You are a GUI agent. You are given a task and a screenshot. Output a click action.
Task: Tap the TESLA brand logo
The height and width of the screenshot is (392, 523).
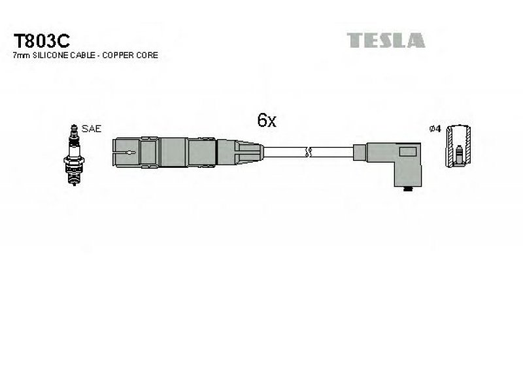tap(386, 41)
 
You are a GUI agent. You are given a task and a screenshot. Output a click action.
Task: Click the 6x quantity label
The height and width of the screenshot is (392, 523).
tap(267, 120)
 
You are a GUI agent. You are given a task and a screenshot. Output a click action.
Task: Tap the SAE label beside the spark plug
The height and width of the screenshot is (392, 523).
tap(93, 129)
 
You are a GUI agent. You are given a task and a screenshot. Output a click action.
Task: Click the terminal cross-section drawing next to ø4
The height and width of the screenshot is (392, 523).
tap(458, 149)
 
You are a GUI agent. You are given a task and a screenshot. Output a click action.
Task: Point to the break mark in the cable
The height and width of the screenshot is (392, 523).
tap(309, 153)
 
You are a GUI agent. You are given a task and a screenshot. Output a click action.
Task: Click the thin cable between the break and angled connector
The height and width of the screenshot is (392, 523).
tap(333, 153)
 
